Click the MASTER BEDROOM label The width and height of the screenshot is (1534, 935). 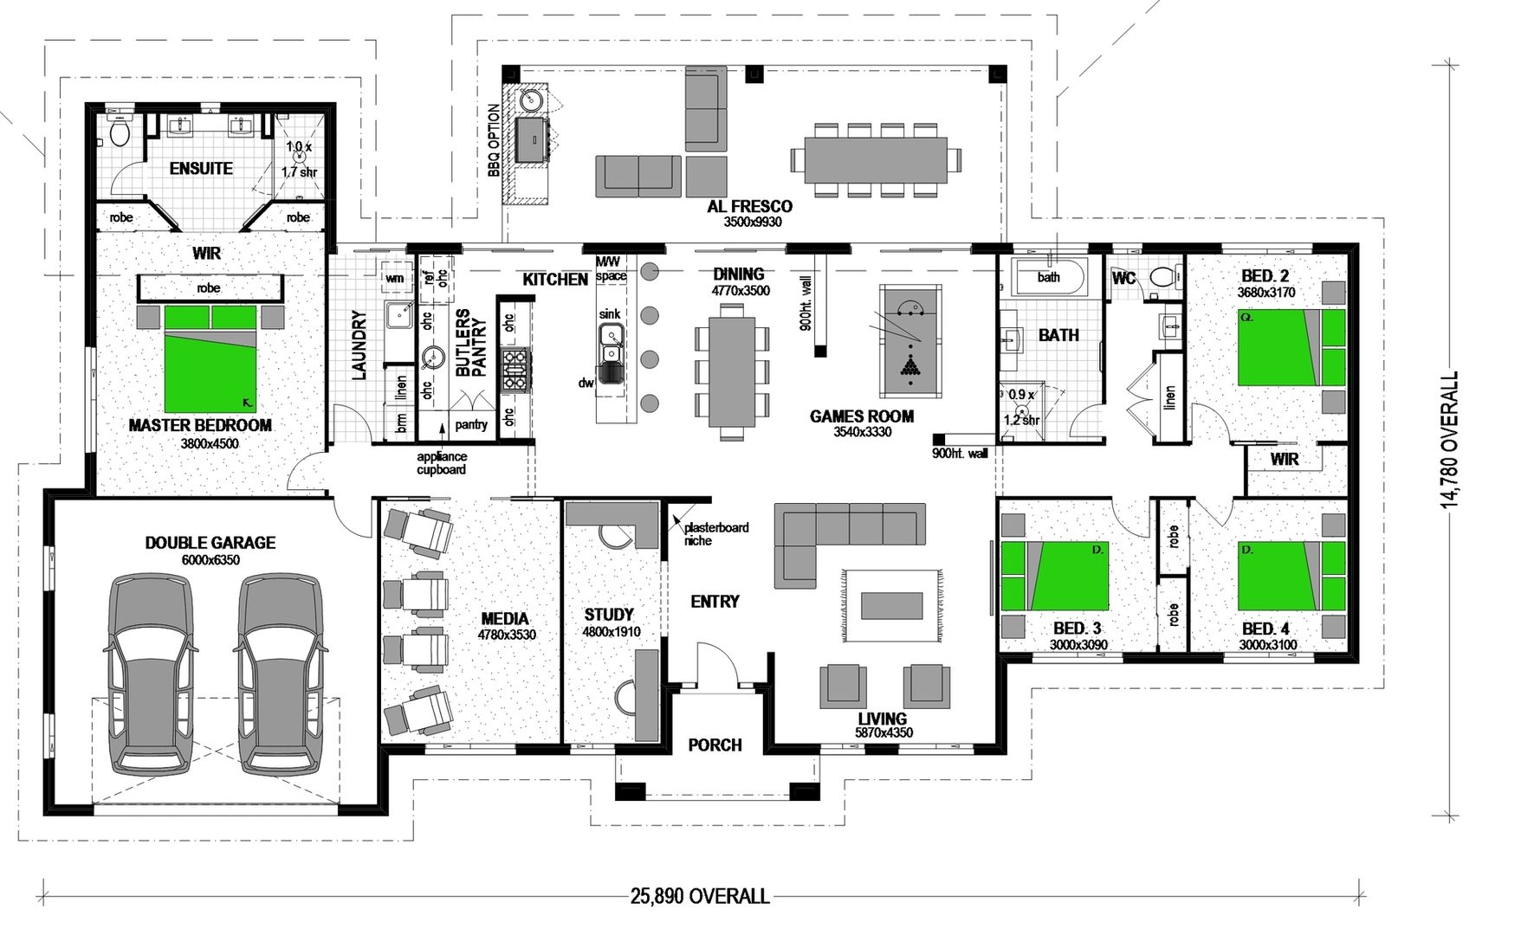pos(200,425)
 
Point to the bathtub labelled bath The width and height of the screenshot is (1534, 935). pos(1048,277)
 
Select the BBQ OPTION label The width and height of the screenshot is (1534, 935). pos(494,141)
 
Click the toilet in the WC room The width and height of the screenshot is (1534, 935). pos(1163,277)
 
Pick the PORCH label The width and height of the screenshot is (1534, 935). pos(715,745)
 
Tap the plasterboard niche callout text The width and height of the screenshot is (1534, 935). pos(715,533)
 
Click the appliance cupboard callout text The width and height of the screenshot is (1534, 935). pos(441,463)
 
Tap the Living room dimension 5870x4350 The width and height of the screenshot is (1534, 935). pos(882,733)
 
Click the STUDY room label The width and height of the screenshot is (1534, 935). pos(609,614)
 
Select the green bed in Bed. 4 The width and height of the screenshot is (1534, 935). pos(1282,576)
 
